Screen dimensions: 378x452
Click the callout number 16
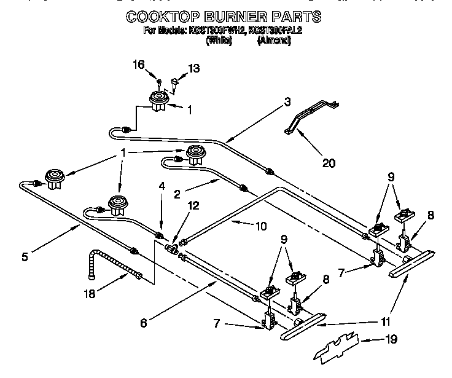coord(141,65)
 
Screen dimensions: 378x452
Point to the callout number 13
coord(194,69)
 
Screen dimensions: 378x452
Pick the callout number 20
coord(329,163)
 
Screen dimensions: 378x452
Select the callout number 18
coord(90,294)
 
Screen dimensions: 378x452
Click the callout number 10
coord(260,226)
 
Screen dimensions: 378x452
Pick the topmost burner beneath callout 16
coord(160,101)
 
